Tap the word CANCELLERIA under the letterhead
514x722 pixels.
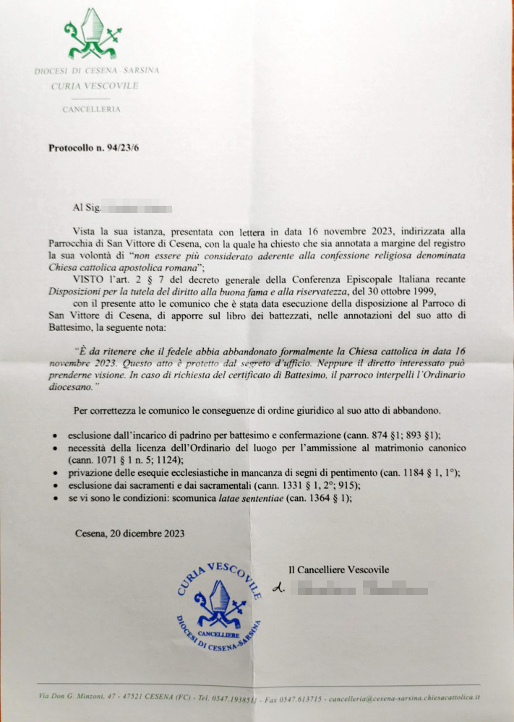tap(91, 110)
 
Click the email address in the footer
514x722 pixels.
tap(404, 699)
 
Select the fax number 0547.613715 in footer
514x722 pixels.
tap(297, 699)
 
